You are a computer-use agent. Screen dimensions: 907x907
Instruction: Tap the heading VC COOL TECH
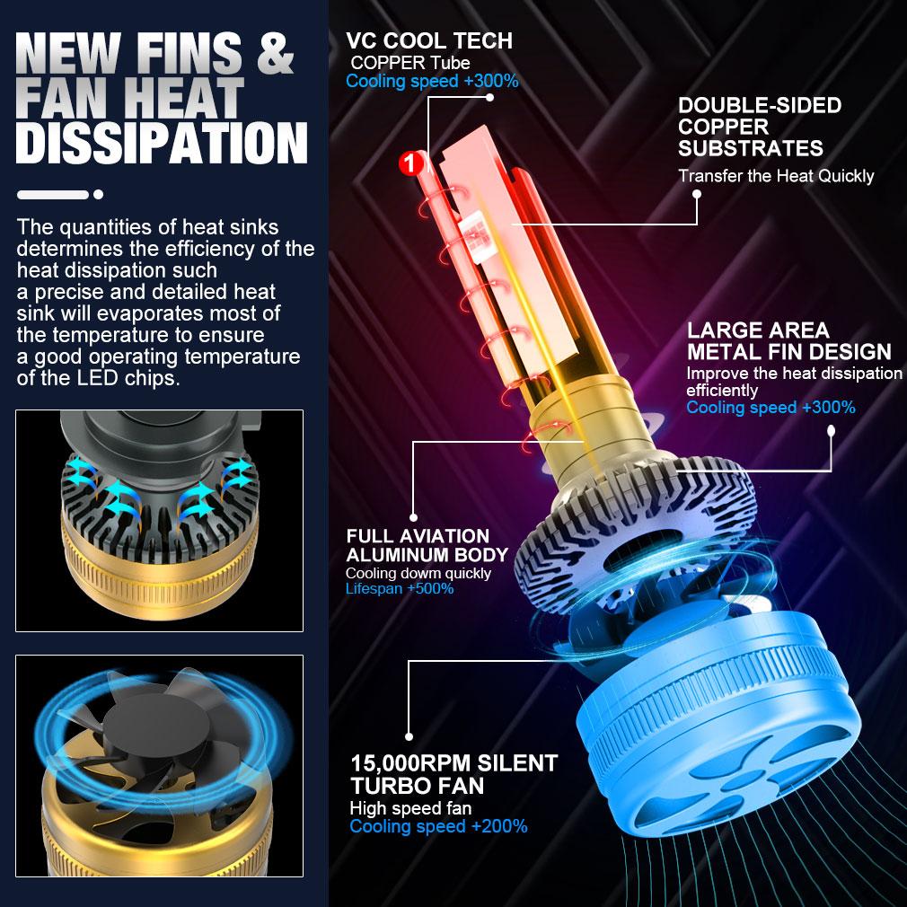[x=429, y=40]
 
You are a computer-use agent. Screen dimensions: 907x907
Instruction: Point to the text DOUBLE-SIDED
[x=760, y=105]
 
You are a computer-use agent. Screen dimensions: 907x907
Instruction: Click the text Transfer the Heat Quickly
[x=776, y=176]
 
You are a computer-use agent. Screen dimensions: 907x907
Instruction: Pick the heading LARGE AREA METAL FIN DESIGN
[x=788, y=341]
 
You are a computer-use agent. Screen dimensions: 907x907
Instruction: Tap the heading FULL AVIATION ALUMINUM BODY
[x=427, y=545]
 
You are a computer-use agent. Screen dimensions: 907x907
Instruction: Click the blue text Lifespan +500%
[x=400, y=589]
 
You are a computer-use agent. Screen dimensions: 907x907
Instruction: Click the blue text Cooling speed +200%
[x=438, y=826]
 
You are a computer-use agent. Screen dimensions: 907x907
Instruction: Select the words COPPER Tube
[x=410, y=63]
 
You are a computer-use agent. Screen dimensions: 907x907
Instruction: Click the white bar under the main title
[x=53, y=194]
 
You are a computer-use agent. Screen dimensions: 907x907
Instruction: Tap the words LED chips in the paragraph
[x=136, y=378]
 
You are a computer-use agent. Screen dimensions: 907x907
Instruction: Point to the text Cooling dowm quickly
[x=418, y=573]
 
